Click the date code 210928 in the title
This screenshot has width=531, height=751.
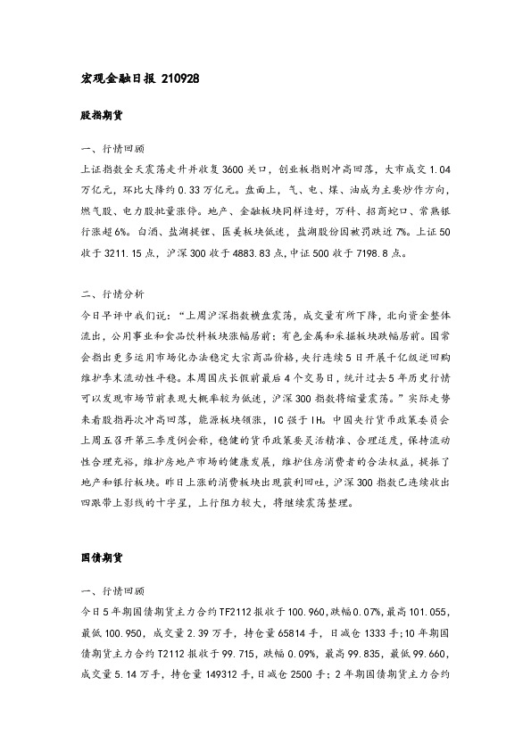click(x=181, y=78)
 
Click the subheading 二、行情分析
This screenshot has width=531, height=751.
click(x=112, y=292)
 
